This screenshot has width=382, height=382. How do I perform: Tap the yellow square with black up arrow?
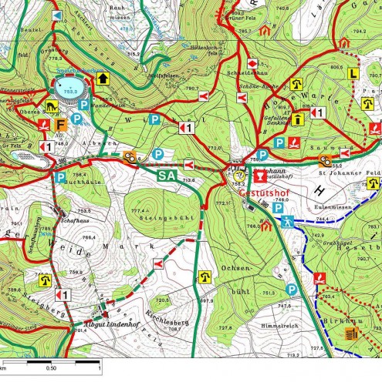coord(103,78)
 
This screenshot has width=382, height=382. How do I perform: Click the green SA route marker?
coord(167,176)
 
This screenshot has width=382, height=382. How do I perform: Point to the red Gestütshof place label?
coord(262,193)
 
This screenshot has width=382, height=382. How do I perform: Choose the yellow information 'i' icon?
coord(296,118)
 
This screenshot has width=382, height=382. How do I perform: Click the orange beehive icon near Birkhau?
coord(352,333)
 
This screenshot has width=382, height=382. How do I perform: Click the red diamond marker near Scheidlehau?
coord(252,63)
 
